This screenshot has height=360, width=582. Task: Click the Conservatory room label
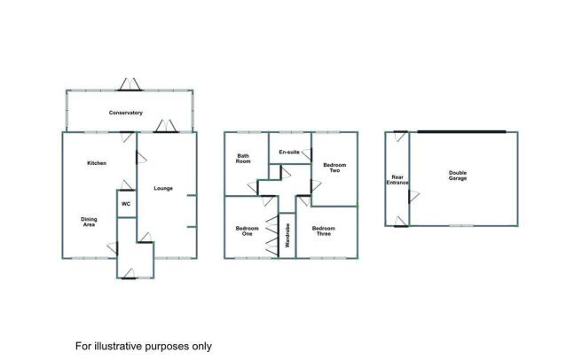tap(125, 113)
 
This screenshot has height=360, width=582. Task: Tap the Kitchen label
tap(97, 163)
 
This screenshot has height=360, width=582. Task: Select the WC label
tap(126, 204)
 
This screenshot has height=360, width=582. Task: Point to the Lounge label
tap(163, 188)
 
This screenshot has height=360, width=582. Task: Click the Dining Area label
tap(89, 222)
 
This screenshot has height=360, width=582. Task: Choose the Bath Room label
tap(243, 159)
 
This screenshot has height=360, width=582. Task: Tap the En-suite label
tap(289, 152)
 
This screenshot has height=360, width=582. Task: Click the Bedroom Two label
tap(334, 168)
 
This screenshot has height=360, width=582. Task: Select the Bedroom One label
tap(247, 231)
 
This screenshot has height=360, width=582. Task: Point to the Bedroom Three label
tap(324, 231)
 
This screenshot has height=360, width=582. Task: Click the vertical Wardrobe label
tap(287, 236)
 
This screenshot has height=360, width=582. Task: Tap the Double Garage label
tap(458, 176)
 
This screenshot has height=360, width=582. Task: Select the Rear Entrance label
tap(397, 180)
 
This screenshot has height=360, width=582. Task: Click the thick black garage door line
tap(461, 131)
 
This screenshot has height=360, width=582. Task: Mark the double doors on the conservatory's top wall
tap(130, 84)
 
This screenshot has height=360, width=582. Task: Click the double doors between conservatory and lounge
tap(166, 126)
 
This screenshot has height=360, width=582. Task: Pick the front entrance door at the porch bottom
tap(129, 273)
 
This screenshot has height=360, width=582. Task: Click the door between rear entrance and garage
tap(413, 196)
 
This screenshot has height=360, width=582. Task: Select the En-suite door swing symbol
tap(307, 153)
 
